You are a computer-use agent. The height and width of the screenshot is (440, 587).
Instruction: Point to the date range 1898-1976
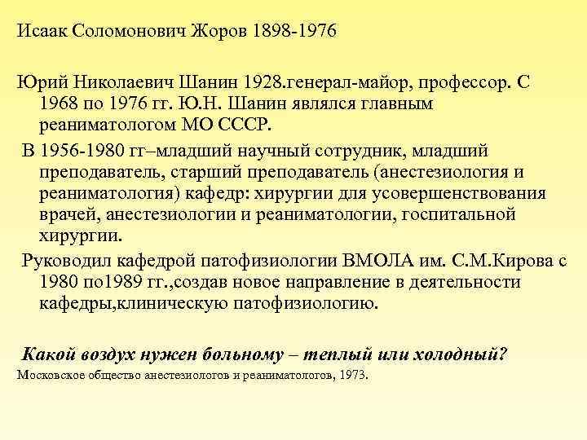(293, 33)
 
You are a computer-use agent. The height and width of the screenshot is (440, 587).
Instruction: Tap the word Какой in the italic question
(50, 355)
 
